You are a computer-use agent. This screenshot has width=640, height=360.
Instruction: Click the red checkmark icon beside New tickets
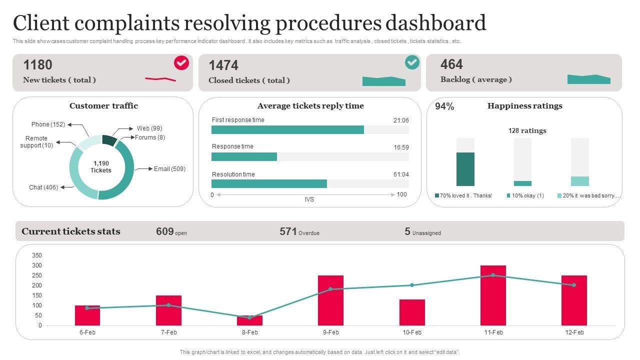coord(181,63)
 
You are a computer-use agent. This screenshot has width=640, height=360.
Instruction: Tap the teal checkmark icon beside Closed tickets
coord(412,62)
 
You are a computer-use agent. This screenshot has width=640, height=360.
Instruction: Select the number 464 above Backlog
coord(451,64)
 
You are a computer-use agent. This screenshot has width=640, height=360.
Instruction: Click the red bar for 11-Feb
coord(493,295)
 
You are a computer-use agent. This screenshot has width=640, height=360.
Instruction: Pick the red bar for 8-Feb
coord(249,320)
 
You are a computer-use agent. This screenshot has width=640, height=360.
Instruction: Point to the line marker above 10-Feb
coord(412,285)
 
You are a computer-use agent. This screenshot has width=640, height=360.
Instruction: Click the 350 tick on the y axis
coord(37,255)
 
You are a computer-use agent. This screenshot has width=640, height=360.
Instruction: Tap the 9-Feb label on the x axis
coord(330,332)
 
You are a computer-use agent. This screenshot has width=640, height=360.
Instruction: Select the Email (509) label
coord(169,169)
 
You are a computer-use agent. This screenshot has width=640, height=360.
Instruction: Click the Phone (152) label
coord(48,124)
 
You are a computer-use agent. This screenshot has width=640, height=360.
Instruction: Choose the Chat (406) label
coord(43,187)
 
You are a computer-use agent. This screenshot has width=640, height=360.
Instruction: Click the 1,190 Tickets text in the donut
coord(101,167)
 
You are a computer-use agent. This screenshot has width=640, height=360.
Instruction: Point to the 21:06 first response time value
coord(401,120)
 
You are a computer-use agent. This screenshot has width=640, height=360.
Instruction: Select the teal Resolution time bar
coord(269,184)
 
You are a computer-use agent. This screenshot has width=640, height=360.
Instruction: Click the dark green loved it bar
coord(465,169)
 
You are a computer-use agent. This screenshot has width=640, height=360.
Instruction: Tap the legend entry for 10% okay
coord(525,196)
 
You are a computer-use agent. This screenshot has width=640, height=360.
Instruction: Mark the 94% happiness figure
coord(444,106)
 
